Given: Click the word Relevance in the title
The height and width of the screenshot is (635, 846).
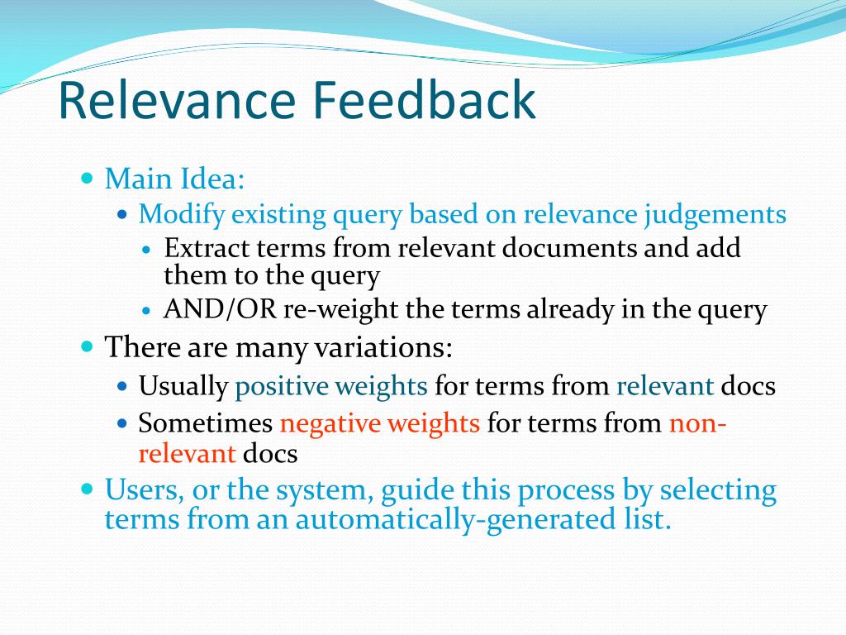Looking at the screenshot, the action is tap(177, 100).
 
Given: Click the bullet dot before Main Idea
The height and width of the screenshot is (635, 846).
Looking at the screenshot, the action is tap(87, 177).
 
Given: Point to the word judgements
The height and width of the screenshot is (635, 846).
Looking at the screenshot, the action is tap(715, 215).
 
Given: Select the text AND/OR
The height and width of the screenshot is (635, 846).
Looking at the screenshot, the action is tap(220, 309).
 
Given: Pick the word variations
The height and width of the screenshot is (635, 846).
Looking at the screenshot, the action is tap(383, 346).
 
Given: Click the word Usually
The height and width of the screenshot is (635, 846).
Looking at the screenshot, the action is tap(183, 387).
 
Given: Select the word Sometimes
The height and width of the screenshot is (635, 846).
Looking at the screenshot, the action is tap(206, 423).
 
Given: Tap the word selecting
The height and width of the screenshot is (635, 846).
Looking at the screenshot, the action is tap(718, 491).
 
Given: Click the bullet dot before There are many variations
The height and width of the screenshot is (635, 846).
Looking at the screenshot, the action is tap(87, 346).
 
